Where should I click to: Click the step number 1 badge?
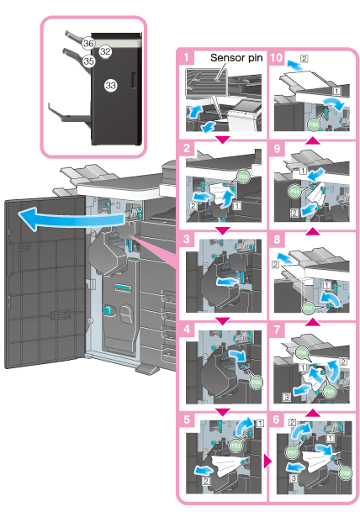(183, 58)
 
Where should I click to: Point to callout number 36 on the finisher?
(88, 41)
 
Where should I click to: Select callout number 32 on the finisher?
(106, 51)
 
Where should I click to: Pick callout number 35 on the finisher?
(88, 61)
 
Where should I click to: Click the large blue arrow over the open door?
(55, 220)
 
